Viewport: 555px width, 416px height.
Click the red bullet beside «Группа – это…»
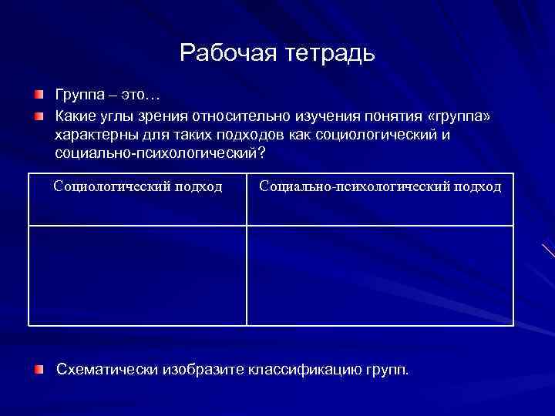39,95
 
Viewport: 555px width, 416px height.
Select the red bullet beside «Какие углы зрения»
39,116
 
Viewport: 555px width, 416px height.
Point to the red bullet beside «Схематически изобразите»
39,369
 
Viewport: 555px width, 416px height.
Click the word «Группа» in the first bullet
78,96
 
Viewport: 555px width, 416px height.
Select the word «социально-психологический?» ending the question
160,153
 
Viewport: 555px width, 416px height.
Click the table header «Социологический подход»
138,186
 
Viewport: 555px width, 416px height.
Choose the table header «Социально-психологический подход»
380,186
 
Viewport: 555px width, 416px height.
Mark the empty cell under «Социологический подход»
138,275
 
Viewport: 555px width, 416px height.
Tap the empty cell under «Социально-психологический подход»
380,275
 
